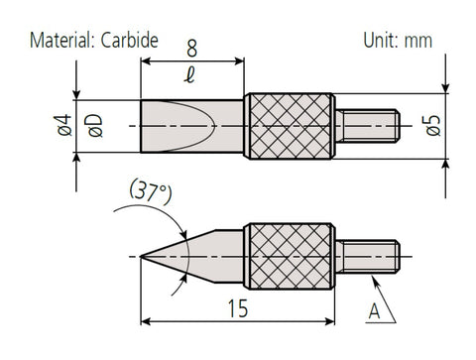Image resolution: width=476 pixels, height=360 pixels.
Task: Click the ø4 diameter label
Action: coord(65,127)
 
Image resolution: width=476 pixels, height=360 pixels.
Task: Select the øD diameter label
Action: coord(95,127)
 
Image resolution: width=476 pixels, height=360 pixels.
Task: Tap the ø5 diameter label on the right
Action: coord(434,127)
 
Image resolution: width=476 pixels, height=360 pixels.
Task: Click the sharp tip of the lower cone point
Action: coord(143,255)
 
